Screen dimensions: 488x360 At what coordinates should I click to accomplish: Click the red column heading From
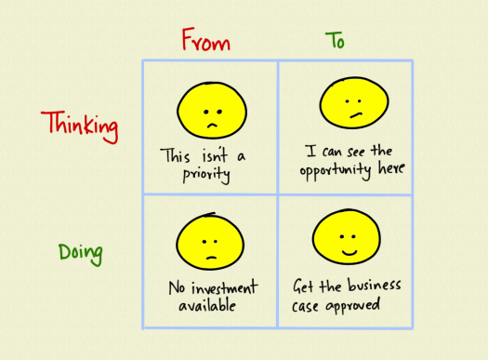205,42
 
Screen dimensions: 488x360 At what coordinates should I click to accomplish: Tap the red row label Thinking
80,126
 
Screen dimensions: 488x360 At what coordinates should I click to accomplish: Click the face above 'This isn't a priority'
208,108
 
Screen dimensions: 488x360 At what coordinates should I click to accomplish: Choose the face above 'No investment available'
210,239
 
